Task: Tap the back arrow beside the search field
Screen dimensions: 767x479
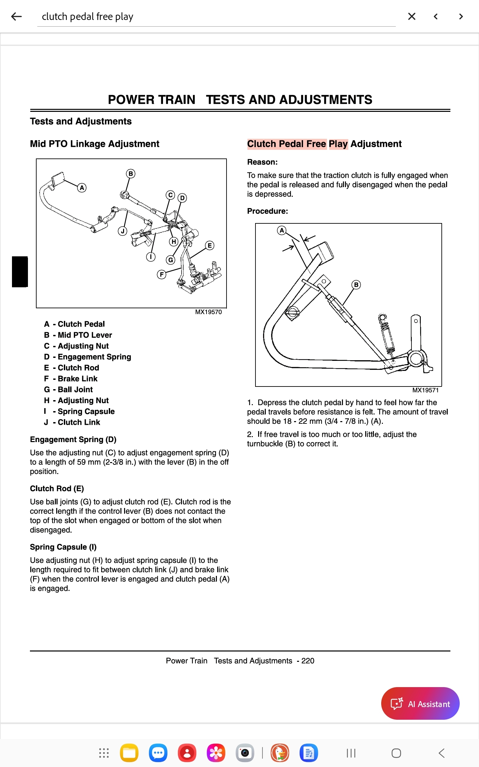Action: [16, 16]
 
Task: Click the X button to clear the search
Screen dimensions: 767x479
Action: [411, 16]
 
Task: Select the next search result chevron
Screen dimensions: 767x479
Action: [461, 16]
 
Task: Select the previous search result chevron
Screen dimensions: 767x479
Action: [436, 16]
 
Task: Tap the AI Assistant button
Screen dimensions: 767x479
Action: [420, 703]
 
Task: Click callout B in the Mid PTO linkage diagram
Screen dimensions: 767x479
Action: [131, 173]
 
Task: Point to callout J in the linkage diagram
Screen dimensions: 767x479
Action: [123, 231]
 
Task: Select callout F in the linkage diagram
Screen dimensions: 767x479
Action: [162, 274]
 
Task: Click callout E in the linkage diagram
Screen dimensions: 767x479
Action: [210, 245]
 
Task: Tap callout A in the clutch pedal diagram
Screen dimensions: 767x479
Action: [282, 230]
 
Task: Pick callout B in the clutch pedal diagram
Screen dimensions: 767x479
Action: [356, 285]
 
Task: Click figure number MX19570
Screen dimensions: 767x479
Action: [208, 312]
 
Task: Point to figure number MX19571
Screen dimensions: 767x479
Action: [425, 390]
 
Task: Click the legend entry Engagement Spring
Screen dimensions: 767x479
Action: [94, 357]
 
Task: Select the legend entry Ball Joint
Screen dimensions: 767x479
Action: [75, 389]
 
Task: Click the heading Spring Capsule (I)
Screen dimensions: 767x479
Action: [63, 547]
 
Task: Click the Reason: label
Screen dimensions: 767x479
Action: [262, 162]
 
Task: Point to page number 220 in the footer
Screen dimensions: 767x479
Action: [308, 661]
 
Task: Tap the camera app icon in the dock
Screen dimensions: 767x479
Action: [245, 753]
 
